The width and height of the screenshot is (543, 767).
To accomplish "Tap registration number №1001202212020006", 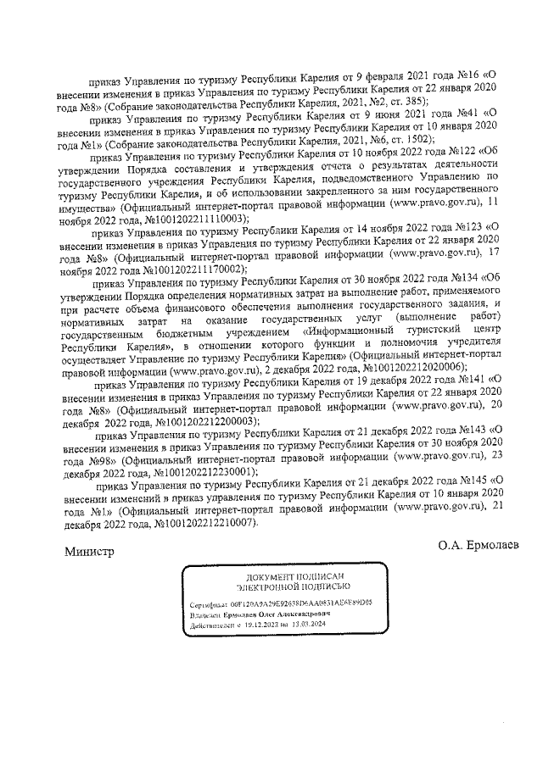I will (414, 369).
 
